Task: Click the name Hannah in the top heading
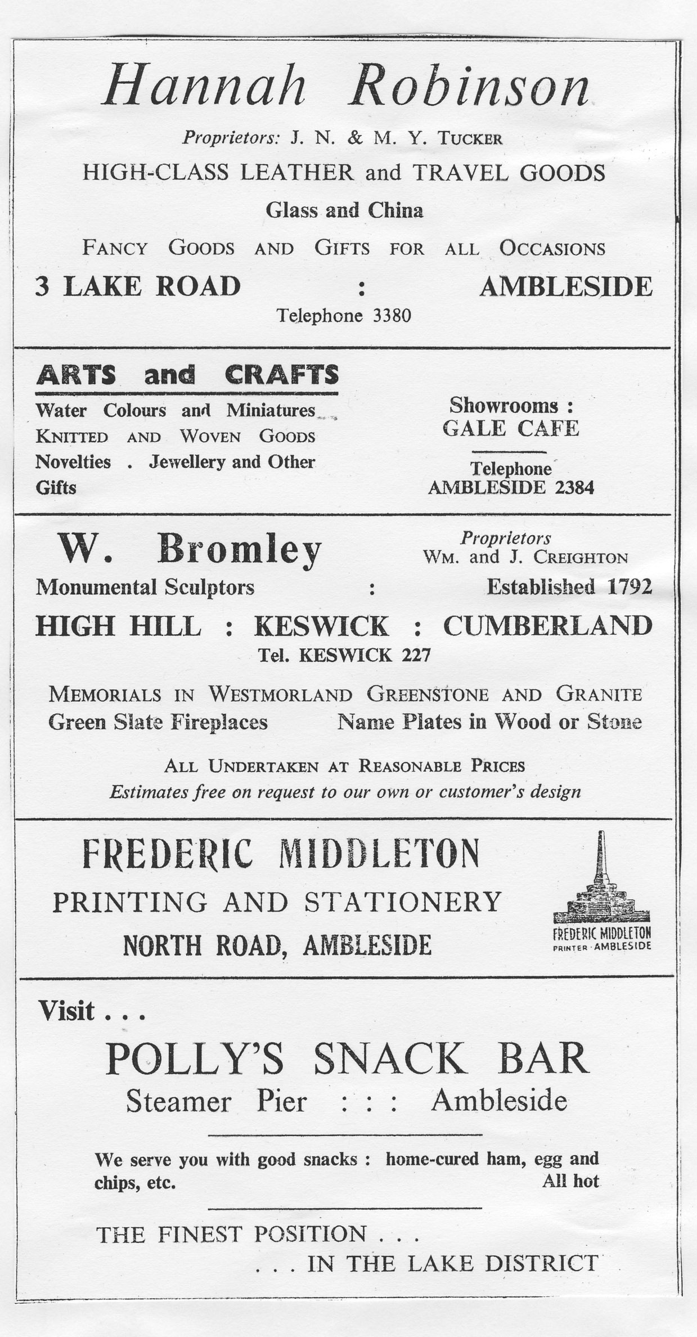[204, 87]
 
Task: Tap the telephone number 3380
[392, 316]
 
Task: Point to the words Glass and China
[344, 210]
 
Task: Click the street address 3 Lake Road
[138, 286]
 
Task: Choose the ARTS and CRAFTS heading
[187, 375]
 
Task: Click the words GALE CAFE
[511, 429]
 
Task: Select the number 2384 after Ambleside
[574, 487]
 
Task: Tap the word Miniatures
[271, 411]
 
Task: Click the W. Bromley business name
[190, 549]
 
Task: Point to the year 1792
[629, 587]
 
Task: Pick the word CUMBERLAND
[547, 626]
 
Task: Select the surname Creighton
[581, 558]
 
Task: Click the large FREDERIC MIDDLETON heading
[281, 854]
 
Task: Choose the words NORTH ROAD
[202, 945]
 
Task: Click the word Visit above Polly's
[66, 1011]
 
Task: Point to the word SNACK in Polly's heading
[389, 1059]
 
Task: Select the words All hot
[570, 1181]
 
